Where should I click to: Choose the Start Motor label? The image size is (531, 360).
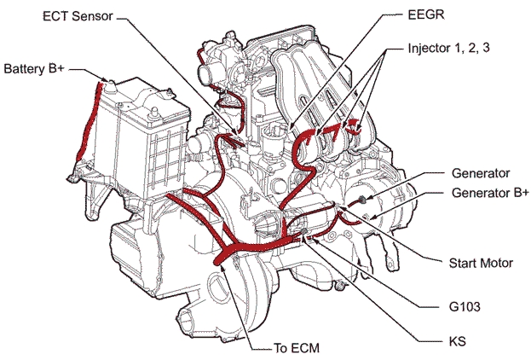(x=481, y=264)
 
